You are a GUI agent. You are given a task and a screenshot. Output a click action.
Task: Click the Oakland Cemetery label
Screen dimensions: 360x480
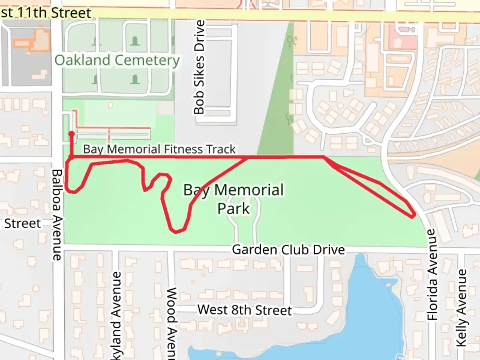(x=117, y=60)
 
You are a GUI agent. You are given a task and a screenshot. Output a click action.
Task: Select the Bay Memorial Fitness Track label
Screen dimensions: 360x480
(x=159, y=149)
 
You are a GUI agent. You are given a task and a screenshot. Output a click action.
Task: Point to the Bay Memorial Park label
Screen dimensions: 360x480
(x=233, y=199)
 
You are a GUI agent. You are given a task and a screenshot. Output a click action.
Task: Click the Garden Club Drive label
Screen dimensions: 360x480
(x=288, y=250)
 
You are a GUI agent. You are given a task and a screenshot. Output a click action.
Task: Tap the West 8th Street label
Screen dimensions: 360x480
(x=244, y=310)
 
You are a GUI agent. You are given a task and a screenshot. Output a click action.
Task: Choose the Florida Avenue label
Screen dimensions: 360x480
(x=432, y=274)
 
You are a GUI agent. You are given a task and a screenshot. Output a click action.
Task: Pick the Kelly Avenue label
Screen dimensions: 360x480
(x=461, y=308)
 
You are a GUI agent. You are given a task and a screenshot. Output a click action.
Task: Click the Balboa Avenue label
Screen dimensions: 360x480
(x=57, y=215)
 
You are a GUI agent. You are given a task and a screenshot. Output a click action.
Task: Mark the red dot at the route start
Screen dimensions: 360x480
(x=72, y=134)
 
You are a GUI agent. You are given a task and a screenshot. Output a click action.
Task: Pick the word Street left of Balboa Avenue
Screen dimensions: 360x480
(x=22, y=223)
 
